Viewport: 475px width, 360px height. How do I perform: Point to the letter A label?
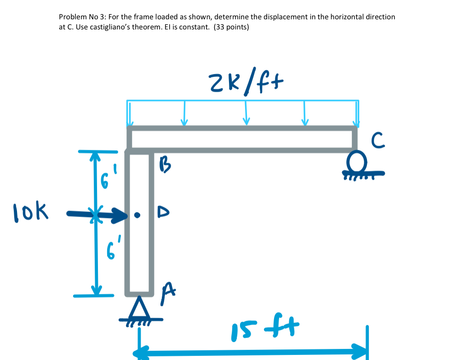click(x=168, y=291)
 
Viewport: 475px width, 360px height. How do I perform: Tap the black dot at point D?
click(x=137, y=215)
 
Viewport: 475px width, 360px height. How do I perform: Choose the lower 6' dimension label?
click(x=109, y=251)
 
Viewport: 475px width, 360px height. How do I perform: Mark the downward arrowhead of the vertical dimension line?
click(x=96, y=290)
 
